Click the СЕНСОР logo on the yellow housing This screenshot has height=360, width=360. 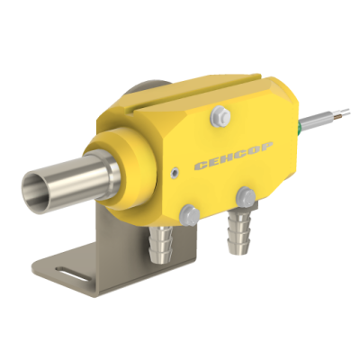[x=234, y=156]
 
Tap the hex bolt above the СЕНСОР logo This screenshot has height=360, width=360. [x=220, y=115]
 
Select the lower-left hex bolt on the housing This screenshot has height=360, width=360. [x=190, y=215]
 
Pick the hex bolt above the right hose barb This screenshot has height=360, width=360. [x=246, y=197]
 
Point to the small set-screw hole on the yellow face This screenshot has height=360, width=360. [x=174, y=173]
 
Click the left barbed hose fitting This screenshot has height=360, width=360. [x=161, y=243]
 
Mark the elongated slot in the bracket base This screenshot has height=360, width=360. [x=73, y=273]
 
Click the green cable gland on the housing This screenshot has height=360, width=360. [x=299, y=127]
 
